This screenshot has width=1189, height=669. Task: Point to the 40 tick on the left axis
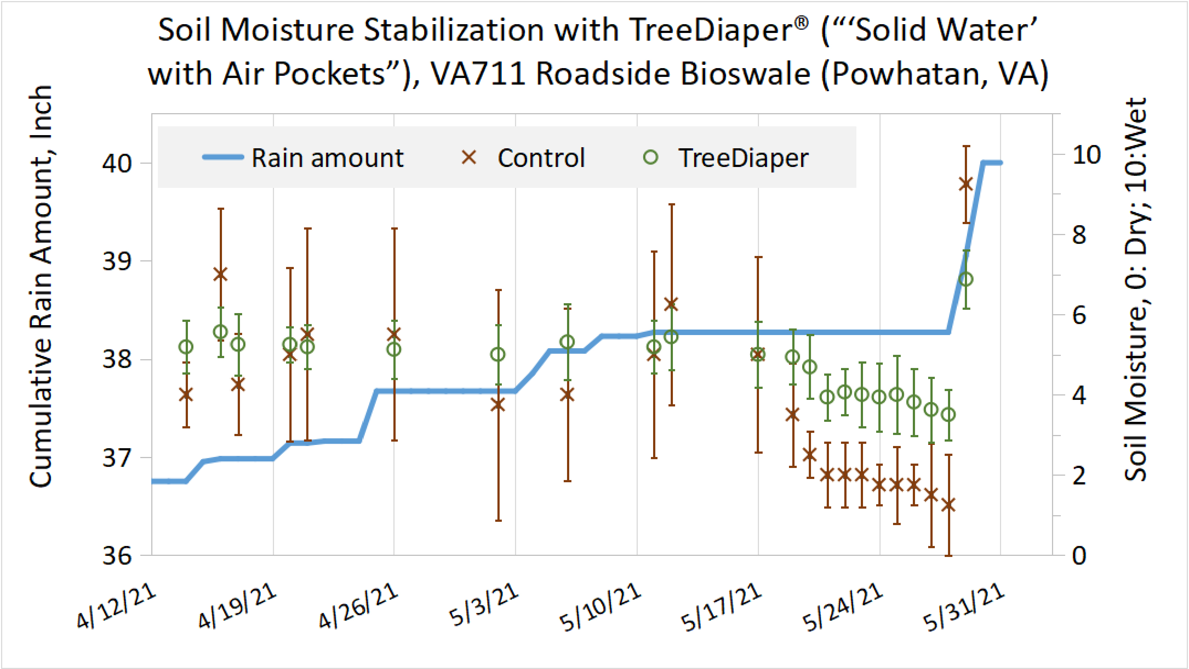tap(117, 163)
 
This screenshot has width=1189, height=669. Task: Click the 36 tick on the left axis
tap(117, 555)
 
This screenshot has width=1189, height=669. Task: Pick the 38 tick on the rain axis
tap(117, 359)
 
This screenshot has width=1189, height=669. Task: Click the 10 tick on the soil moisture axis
tap(1086, 155)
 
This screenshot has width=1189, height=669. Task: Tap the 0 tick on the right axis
tap(1079, 555)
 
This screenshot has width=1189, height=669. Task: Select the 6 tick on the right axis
tap(1079, 316)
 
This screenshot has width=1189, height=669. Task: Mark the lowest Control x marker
tap(948, 505)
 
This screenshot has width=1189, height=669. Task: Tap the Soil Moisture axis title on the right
tap(1136, 289)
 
